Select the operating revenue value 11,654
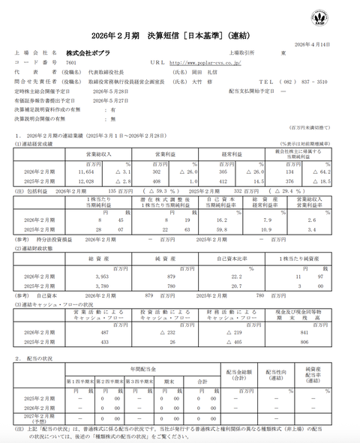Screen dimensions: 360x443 [92, 172]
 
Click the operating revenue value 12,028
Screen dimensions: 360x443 [92, 181]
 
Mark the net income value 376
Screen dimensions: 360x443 [291, 181]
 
